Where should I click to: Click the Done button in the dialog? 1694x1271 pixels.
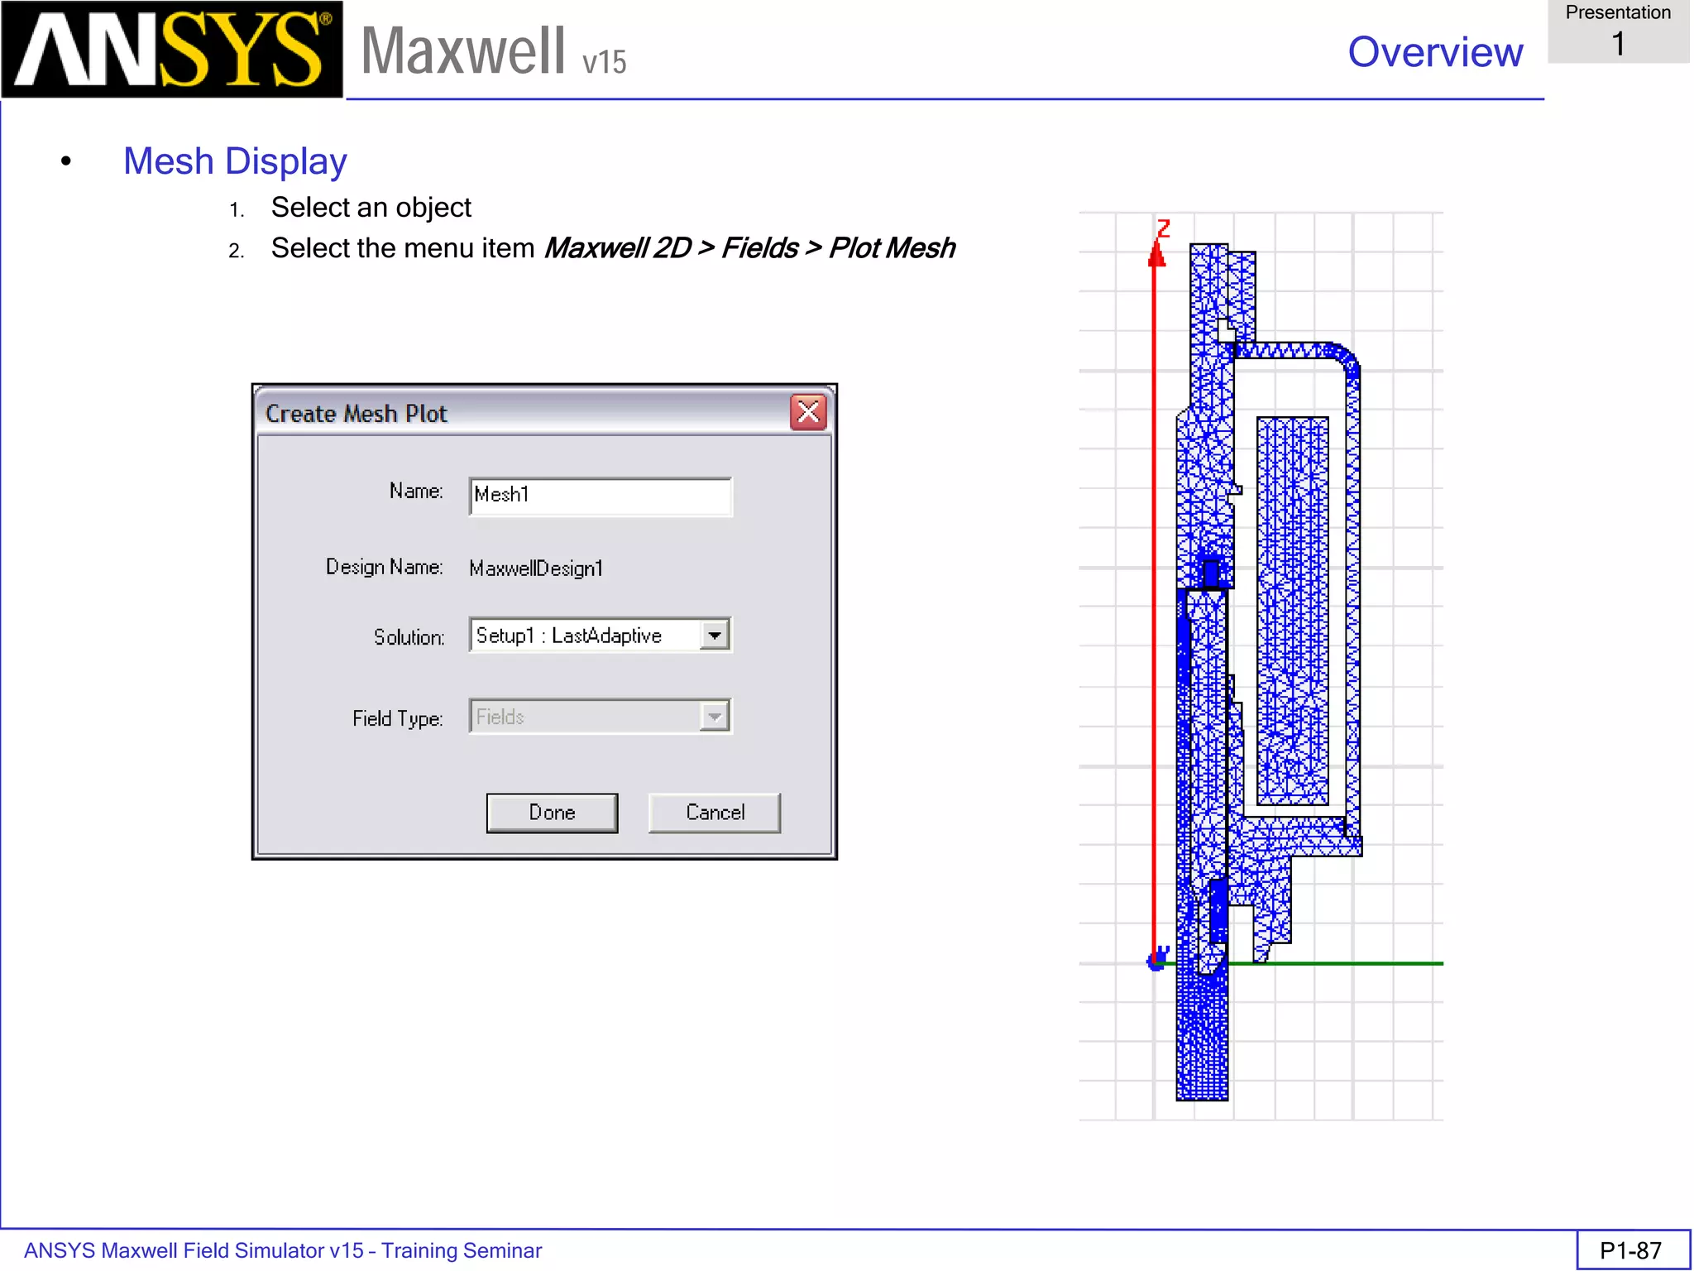click(x=552, y=813)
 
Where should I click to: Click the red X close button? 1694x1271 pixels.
click(x=808, y=412)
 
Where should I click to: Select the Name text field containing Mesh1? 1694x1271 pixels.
click(x=600, y=496)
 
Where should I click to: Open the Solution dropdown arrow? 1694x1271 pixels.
click(x=715, y=635)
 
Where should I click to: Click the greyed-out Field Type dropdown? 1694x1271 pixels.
click(x=600, y=717)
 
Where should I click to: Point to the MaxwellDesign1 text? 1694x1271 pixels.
click(x=535, y=568)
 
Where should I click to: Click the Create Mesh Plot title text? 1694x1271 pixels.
click(x=356, y=414)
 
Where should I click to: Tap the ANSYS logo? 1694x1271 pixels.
click(x=171, y=50)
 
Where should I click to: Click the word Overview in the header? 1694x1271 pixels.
click(x=1435, y=52)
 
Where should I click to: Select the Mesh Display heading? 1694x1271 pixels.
click(x=235, y=161)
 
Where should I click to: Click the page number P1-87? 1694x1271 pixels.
click(x=1630, y=1250)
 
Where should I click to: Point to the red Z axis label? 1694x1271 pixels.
click(x=1164, y=228)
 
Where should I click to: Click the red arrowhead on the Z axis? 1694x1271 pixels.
click(x=1156, y=254)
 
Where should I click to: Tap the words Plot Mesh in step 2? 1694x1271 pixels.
click(x=892, y=248)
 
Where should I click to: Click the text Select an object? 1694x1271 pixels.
click(x=371, y=208)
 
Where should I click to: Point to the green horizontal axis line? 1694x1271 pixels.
click(x=1340, y=963)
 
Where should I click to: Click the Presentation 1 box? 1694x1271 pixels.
click(x=1618, y=31)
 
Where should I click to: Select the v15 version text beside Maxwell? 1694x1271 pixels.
click(x=605, y=63)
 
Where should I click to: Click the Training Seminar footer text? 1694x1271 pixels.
click(x=461, y=1250)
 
